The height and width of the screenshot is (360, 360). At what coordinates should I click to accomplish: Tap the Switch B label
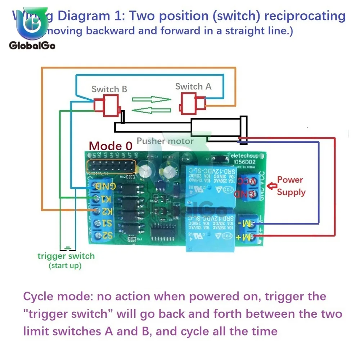pos(109,89)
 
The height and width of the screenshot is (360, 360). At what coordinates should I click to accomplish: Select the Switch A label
pos(193,86)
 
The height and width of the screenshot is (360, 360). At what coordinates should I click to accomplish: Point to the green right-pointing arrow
pos(151,99)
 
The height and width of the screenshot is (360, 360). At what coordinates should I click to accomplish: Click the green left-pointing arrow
pos(151,110)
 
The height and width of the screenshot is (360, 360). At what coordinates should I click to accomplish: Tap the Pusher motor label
pos(165,141)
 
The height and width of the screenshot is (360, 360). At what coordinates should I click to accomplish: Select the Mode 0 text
pos(111,146)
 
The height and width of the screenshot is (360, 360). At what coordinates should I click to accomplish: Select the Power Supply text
pos(291,186)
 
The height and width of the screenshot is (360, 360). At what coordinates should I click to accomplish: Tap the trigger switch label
pos(66,256)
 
